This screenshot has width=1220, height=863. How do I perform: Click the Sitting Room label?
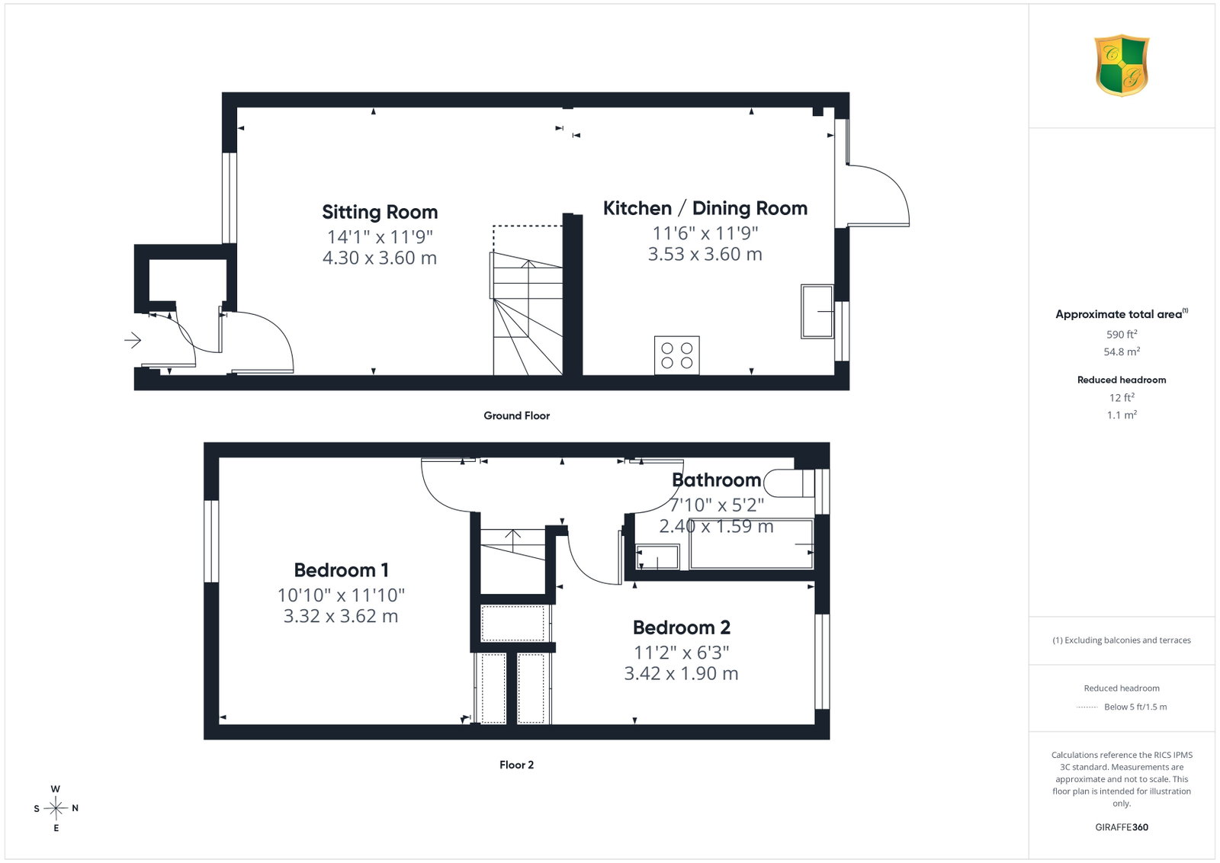point(380,212)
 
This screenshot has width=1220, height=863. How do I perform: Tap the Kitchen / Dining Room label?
point(705,208)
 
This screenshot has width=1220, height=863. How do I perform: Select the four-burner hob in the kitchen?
point(677,355)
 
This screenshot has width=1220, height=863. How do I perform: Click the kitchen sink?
point(817,312)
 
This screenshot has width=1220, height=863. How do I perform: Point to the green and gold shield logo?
point(1122,66)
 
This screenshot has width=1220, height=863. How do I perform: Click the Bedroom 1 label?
point(342,570)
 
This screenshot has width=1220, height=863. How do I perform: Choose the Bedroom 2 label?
point(682,627)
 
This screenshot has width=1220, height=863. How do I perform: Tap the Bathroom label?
point(716,480)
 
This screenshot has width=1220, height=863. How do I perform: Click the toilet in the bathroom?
point(789,483)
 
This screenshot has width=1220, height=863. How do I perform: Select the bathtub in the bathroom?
point(752,544)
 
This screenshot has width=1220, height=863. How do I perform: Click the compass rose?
point(56,808)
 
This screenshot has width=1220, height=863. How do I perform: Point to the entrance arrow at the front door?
point(133,341)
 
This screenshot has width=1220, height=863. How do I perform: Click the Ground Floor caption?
point(517,415)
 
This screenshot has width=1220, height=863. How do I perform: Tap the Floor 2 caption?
point(516,765)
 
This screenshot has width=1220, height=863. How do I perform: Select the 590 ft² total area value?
point(1122,334)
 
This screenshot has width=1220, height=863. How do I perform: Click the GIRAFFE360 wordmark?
point(1122,827)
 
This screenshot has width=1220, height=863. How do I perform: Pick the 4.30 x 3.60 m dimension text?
point(380,258)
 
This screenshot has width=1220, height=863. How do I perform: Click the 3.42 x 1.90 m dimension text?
point(682,673)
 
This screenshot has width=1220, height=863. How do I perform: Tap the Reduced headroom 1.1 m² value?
point(1122,415)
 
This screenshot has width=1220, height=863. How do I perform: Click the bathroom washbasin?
point(657,557)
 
